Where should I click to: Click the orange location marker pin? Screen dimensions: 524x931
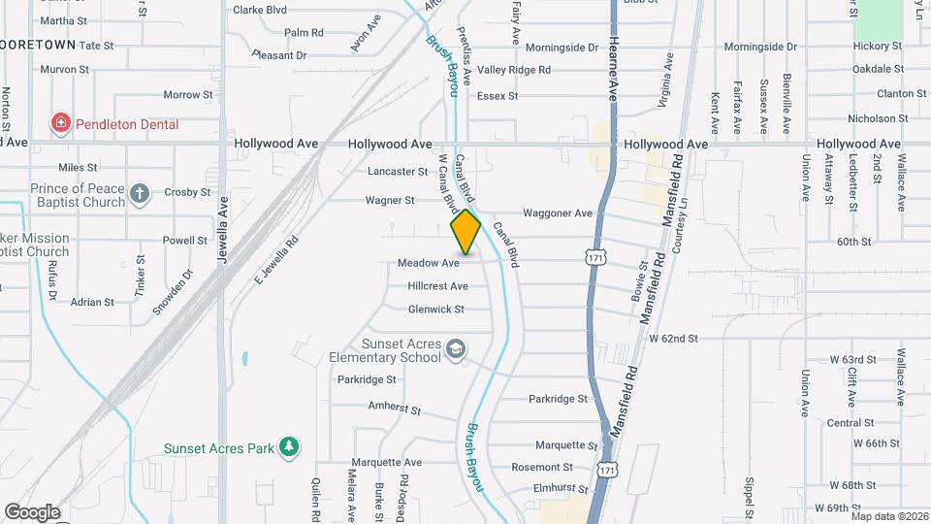click(465, 231)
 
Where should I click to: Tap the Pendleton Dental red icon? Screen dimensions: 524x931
click(61, 123)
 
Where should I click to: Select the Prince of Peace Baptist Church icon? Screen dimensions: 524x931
click(140, 194)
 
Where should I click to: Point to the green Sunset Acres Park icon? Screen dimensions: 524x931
click(288, 447)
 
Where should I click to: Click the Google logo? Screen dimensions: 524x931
click(32, 511)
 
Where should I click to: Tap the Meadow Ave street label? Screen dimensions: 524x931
click(428, 263)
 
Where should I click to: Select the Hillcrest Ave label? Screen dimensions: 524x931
click(437, 286)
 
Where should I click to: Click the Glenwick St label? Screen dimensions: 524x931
click(436, 310)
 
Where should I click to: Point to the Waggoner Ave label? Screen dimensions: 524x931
click(557, 213)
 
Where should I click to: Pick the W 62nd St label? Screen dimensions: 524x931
click(673, 339)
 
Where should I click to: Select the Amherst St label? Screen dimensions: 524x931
click(394, 409)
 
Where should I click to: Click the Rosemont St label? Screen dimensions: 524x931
click(535, 468)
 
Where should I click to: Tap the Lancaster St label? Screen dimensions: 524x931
click(397, 172)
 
